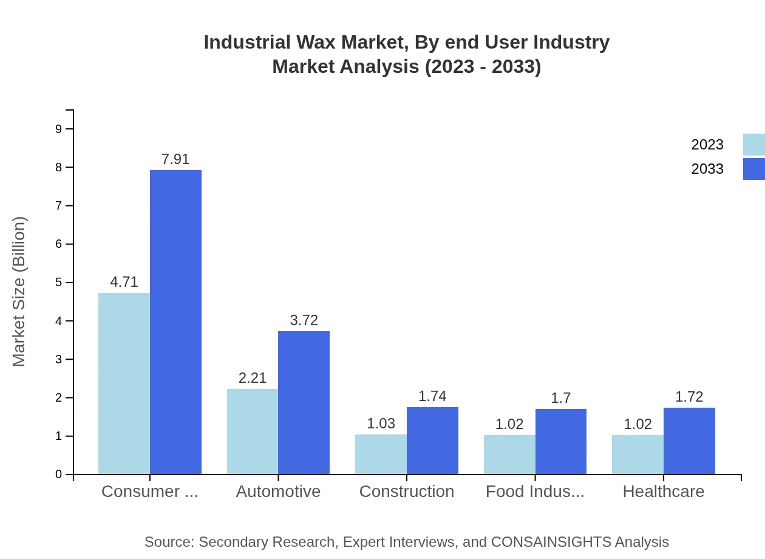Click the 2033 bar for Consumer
(175, 322)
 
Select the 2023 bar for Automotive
(253, 431)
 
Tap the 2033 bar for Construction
(432, 441)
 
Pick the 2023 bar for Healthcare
(637, 454)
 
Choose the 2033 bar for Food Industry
(561, 441)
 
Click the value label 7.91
(175, 159)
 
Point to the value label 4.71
(124, 282)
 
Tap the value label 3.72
(304, 320)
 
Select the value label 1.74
(432, 396)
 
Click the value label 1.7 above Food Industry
(561, 398)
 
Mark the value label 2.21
(253, 378)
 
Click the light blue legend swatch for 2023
(753, 145)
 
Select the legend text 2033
(707, 169)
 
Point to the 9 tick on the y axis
(59, 129)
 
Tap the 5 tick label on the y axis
(59, 283)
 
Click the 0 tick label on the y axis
(59, 475)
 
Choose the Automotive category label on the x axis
(278, 492)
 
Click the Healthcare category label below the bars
(664, 492)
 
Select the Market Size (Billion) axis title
(19, 292)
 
